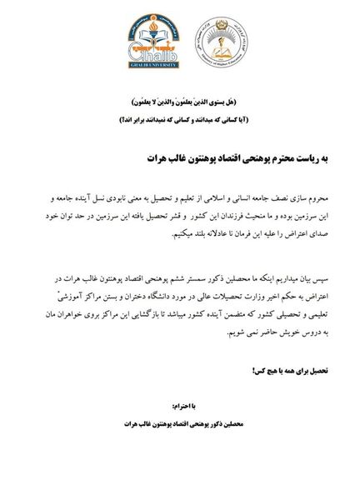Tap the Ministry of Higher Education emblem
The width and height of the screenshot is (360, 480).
pyautogui.click(x=215, y=45)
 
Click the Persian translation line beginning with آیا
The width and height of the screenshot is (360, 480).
pyautogui.click(x=181, y=117)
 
